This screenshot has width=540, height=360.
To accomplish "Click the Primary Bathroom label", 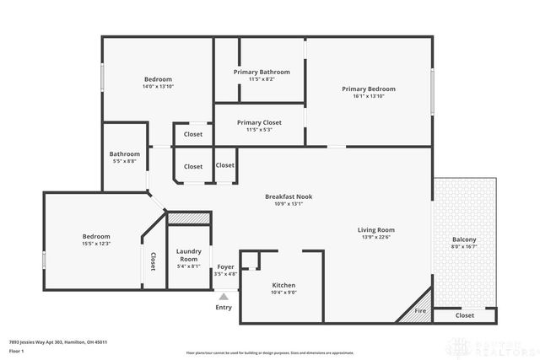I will (262, 73).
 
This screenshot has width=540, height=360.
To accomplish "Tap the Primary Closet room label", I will (259, 122).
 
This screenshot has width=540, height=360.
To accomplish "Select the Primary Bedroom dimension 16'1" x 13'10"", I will (368, 97).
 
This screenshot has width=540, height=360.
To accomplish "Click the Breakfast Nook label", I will (288, 196).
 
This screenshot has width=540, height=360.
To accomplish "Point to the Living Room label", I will (376, 229).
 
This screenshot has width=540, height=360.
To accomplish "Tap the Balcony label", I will (464, 239).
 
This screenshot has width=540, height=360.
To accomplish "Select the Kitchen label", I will (283, 286).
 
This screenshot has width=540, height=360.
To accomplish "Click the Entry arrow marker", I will (224, 297).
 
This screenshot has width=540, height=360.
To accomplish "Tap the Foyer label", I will (225, 266).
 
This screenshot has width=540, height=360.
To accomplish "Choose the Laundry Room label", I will (188, 255).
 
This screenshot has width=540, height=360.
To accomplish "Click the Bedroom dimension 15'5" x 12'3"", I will (96, 244).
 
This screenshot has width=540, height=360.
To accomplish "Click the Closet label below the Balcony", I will (464, 315).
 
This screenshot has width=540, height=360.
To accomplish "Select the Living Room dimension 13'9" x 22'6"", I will (376, 237).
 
